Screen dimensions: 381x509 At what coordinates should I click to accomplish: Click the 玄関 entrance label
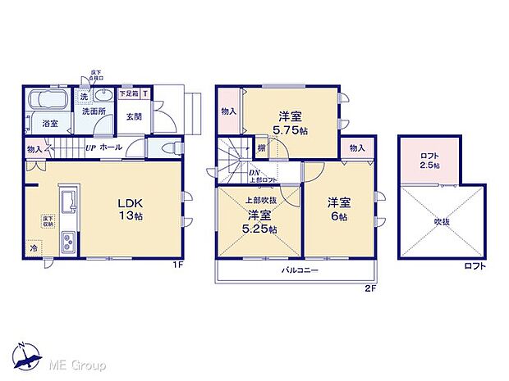(x=134, y=115)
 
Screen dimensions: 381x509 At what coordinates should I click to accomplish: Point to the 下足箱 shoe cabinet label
(x=130, y=93)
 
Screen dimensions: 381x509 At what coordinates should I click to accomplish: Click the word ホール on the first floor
(x=112, y=148)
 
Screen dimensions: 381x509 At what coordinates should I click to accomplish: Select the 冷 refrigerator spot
(x=34, y=248)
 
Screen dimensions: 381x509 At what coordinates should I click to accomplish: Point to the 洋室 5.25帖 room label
(x=261, y=222)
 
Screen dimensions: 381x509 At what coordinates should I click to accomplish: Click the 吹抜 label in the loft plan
(x=444, y=220)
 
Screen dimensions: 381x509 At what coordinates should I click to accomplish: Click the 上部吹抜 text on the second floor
(x=260, y=199)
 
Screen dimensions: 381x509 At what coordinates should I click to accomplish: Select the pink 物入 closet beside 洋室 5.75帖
(x=228, y=111)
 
